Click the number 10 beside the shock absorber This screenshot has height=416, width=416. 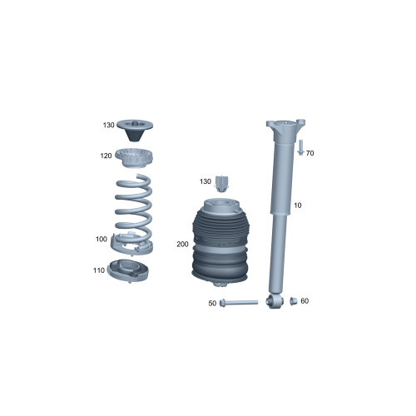[x=298, y=206]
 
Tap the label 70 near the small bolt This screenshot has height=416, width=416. [x=310, y=154]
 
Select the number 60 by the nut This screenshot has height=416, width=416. [x=305, y=300]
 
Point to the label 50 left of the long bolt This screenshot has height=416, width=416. [x=212, y=304]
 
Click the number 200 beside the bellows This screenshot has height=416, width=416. [x=184, y=245]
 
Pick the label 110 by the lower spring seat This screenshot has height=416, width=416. [x=100, y=270]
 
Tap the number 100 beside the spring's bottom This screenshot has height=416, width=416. [x=101, y=240]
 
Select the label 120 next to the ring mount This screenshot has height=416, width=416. [x=106, y=156]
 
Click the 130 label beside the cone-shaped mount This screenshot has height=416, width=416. [x=108, y=126]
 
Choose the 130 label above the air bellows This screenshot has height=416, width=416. [x=206, y=181]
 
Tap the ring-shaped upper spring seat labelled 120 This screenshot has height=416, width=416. [x=134, y=156]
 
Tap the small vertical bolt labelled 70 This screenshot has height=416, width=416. [x=299, y=148]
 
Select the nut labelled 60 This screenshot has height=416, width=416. [x=294, y=300]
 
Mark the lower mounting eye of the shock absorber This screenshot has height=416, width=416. [x=274, y=300]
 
